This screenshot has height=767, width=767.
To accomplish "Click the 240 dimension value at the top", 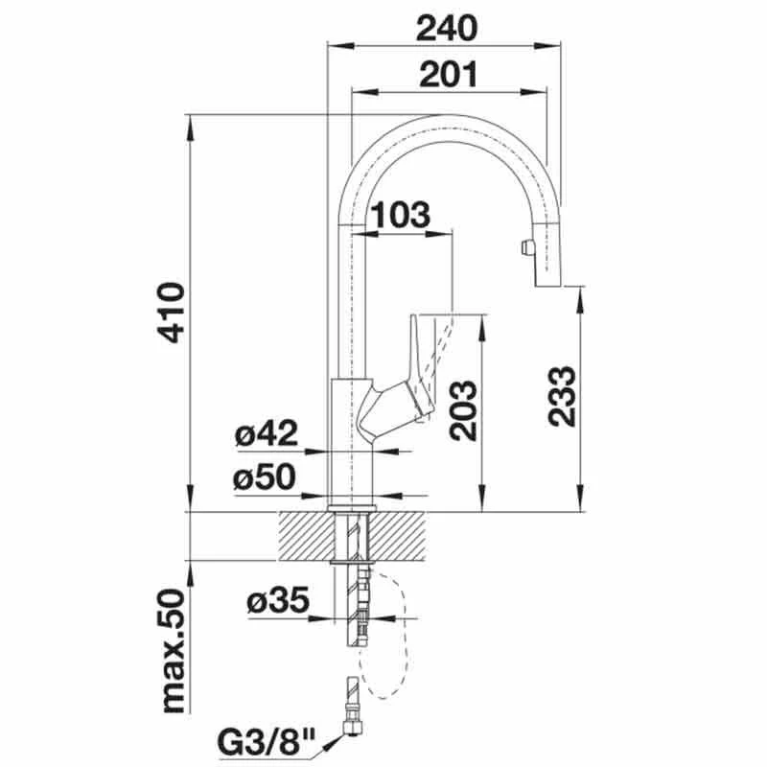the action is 446,29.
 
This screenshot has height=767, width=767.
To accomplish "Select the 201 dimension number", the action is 448,75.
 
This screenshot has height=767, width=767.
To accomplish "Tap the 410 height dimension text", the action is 172,313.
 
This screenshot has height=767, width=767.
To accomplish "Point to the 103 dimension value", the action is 401,214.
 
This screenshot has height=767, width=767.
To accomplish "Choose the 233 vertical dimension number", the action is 562,396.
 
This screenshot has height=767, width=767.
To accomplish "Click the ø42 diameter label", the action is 267,433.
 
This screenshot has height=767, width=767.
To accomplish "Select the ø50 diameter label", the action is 265,476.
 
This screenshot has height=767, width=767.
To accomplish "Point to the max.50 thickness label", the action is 173,652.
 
